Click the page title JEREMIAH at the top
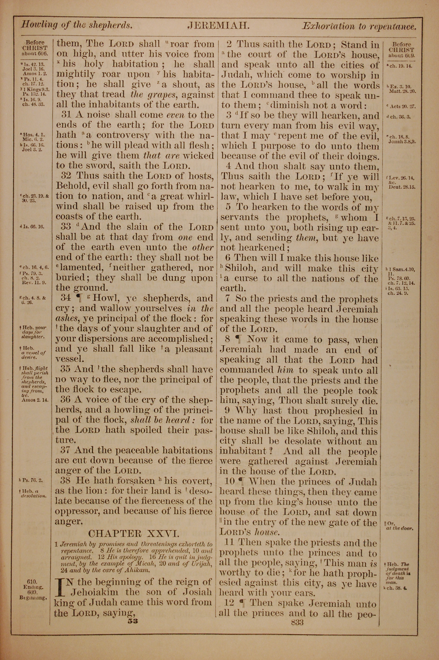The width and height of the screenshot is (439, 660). (218, 26)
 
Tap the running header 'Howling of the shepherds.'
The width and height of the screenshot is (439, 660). (76, 25)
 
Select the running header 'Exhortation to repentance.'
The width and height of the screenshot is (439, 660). (359, 27)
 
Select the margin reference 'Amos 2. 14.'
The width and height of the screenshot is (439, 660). (35, 400)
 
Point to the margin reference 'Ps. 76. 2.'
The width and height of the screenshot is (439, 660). (35, 481)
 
